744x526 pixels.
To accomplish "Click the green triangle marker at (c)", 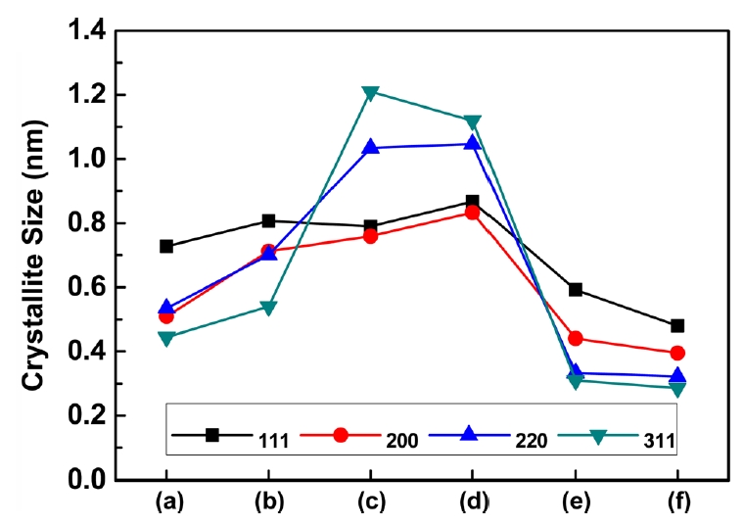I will pos(370,93).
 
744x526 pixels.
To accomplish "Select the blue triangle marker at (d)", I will pos(472,143).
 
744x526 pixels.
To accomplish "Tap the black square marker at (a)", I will pos(166,246).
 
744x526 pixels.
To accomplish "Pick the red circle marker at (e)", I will pos(575,338).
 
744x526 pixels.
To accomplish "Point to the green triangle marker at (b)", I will pos(268,308).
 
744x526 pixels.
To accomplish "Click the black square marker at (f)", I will pos(676,325).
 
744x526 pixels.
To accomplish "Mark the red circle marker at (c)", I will pos(370,236).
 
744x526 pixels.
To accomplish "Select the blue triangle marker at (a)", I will pos(166,308).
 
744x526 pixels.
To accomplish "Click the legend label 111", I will pos(273,440).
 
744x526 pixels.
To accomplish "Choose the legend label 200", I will pos(402,440).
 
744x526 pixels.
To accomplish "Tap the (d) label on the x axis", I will pos(472,503).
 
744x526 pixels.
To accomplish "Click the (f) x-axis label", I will pos(676,503).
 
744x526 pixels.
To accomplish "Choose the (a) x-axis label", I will pos(166,503).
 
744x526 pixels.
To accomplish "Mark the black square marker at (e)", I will pos(575,290).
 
